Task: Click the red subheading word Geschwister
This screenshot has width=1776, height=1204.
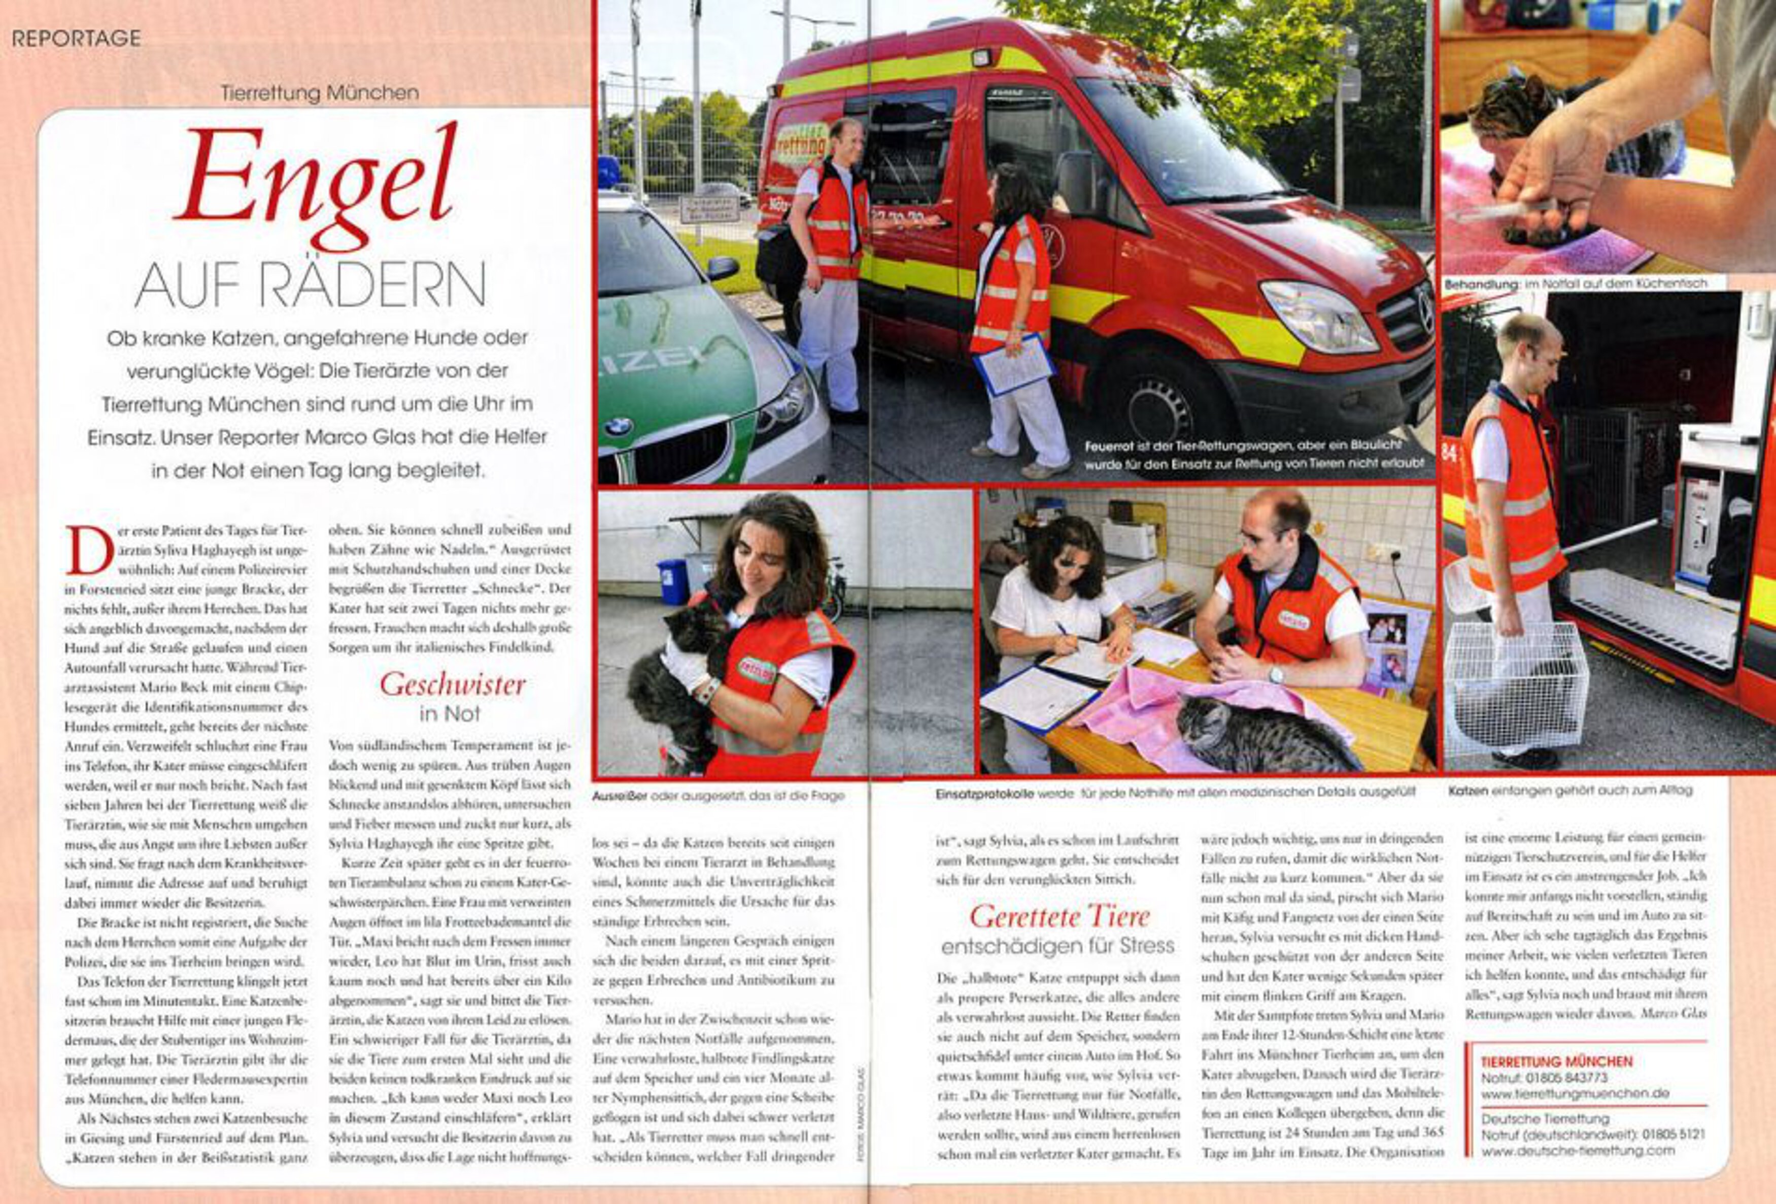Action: tap(453, 684)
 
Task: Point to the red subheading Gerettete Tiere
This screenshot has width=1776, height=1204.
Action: tap(1058, 916)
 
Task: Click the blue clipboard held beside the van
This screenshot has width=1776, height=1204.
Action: tap(1015, 365)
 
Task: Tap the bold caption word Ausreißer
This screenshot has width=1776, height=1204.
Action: tap(619, 795)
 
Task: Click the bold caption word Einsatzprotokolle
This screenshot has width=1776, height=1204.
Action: tap(984, 793)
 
